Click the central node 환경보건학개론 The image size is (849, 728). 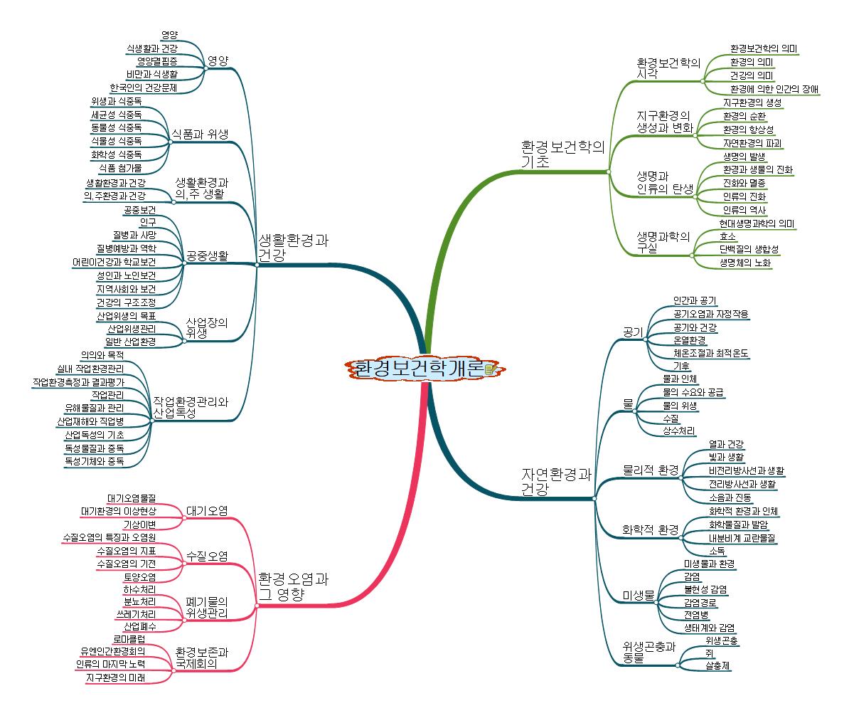418,369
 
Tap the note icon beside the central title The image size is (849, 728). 489,369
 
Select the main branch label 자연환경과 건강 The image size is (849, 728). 557,482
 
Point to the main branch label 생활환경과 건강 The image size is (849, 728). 293,247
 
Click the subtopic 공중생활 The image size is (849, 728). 207,255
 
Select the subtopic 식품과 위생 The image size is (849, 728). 200,133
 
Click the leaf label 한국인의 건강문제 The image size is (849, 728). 144,88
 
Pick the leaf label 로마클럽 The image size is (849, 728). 129,638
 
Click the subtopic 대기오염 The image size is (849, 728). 206,510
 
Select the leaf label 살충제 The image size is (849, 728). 718,667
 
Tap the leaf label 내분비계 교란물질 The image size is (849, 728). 742,538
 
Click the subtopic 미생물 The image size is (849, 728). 638,595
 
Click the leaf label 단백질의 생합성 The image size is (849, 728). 749,249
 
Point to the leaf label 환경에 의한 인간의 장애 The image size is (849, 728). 774,89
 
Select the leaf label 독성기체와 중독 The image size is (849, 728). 94,461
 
